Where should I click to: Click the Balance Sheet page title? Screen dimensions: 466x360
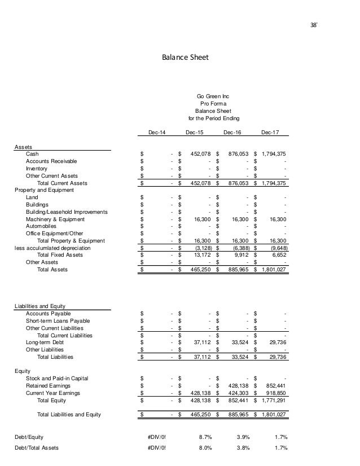tap(180, 57)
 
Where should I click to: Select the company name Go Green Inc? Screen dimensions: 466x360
tap(213, 96)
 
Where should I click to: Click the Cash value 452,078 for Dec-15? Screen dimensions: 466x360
tap(200, 153)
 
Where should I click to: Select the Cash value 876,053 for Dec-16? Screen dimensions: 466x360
tap(238, 153)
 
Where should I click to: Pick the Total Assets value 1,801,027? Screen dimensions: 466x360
tap(273, 270)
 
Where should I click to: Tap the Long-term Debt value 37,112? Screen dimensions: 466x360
tap(201, 342)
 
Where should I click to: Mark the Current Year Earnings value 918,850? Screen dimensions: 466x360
tap(275, 393)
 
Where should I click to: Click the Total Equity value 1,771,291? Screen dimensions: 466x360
tap(273, 401)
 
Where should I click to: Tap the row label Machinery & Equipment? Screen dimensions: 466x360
tap(55, 219)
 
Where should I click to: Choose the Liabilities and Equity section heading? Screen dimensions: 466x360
tap(43, 306)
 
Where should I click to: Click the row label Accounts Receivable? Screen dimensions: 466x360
tap(52, 161)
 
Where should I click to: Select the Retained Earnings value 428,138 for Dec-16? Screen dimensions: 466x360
tap(238, 386)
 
